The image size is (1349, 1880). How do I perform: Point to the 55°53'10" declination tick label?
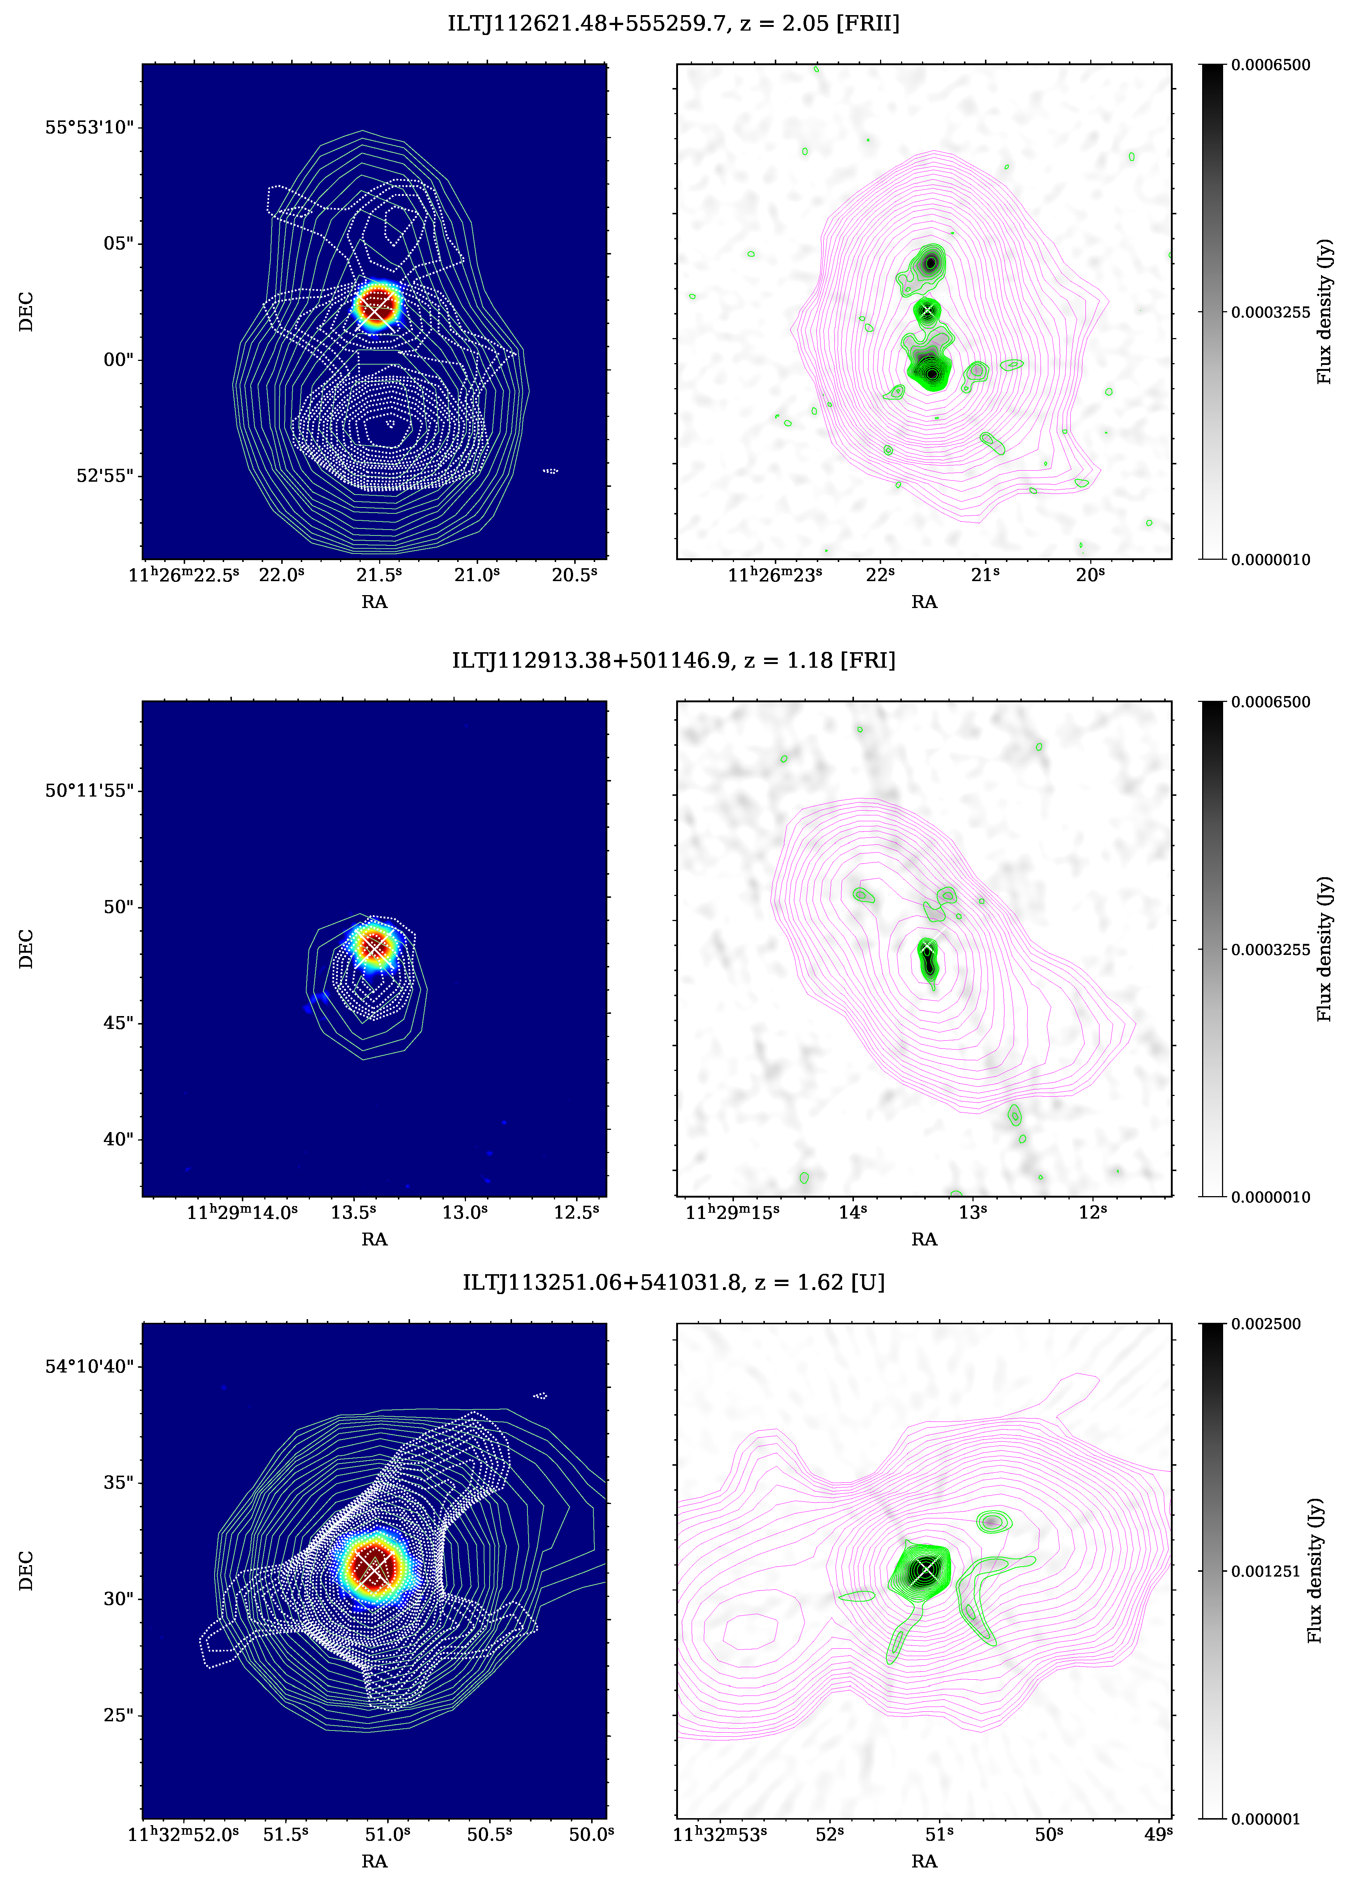click(89, 128)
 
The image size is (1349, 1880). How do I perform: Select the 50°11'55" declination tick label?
click(89, 791)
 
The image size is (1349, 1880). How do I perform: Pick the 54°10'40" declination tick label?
click(89, 1366)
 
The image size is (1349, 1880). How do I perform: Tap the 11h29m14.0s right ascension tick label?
click(242, 1213)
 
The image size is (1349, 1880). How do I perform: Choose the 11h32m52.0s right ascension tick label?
click(183, 1834)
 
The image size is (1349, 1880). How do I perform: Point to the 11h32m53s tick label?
click(719, 1834)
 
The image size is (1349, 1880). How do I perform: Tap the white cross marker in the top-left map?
click(377, 307)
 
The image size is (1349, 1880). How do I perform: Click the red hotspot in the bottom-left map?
click(375, 1565)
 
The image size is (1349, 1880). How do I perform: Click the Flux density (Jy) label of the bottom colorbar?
click(1315, 1571)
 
